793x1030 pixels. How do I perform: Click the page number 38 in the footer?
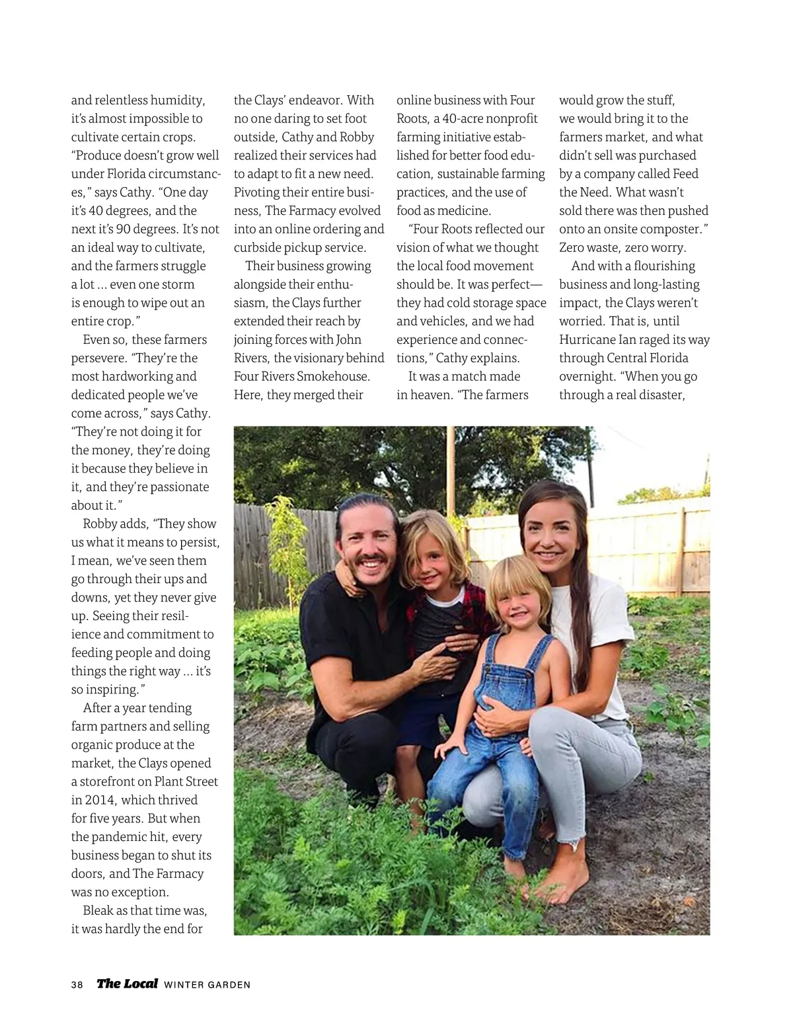[x=77, y=984]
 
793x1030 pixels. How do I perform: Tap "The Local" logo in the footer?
[x=128, y=983]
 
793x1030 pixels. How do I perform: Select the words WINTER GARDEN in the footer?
[x=207, y=984]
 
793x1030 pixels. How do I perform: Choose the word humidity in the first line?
[x=178, y=100]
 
